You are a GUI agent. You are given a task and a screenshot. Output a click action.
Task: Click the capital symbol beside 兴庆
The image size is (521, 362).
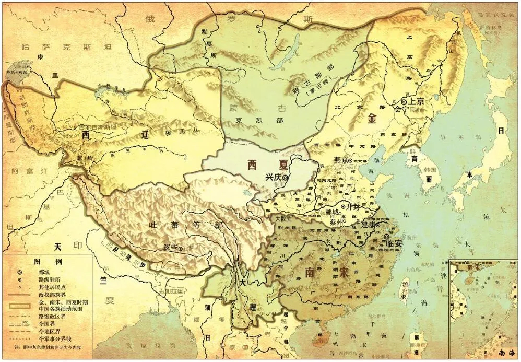coord(286,178)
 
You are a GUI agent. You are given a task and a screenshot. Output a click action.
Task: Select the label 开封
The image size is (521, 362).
coord(353,207)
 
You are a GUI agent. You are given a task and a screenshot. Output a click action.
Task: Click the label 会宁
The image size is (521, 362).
coord(401,110)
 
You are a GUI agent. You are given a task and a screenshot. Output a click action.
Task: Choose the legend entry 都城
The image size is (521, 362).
coord(44,272)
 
